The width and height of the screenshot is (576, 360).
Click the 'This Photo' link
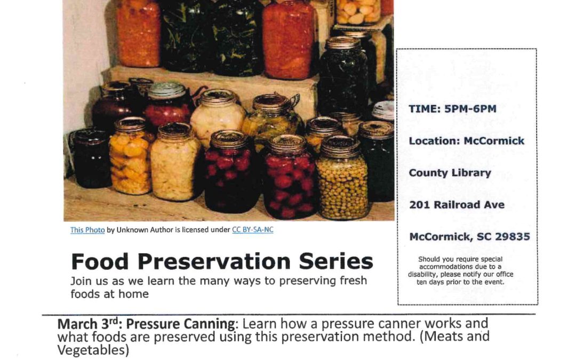point(87,230)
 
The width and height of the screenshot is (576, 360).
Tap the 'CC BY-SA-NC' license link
point(253,229)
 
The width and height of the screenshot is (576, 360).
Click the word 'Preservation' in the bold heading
point(214,261)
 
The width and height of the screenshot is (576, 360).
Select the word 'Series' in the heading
point(336,261)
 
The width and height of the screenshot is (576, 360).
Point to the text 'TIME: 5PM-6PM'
point(453,109)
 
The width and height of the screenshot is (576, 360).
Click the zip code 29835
point(513,237)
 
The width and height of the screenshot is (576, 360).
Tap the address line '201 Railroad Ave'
point(457,205)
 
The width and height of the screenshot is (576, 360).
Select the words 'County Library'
point(450,173)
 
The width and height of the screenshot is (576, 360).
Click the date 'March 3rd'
point(88,324)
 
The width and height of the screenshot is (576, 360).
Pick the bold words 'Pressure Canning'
point(180,324)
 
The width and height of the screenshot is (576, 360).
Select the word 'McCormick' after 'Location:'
point(494,141)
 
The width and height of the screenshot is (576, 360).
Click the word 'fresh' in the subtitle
point(353,281)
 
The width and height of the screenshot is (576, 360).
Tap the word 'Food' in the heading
point(100,261)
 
